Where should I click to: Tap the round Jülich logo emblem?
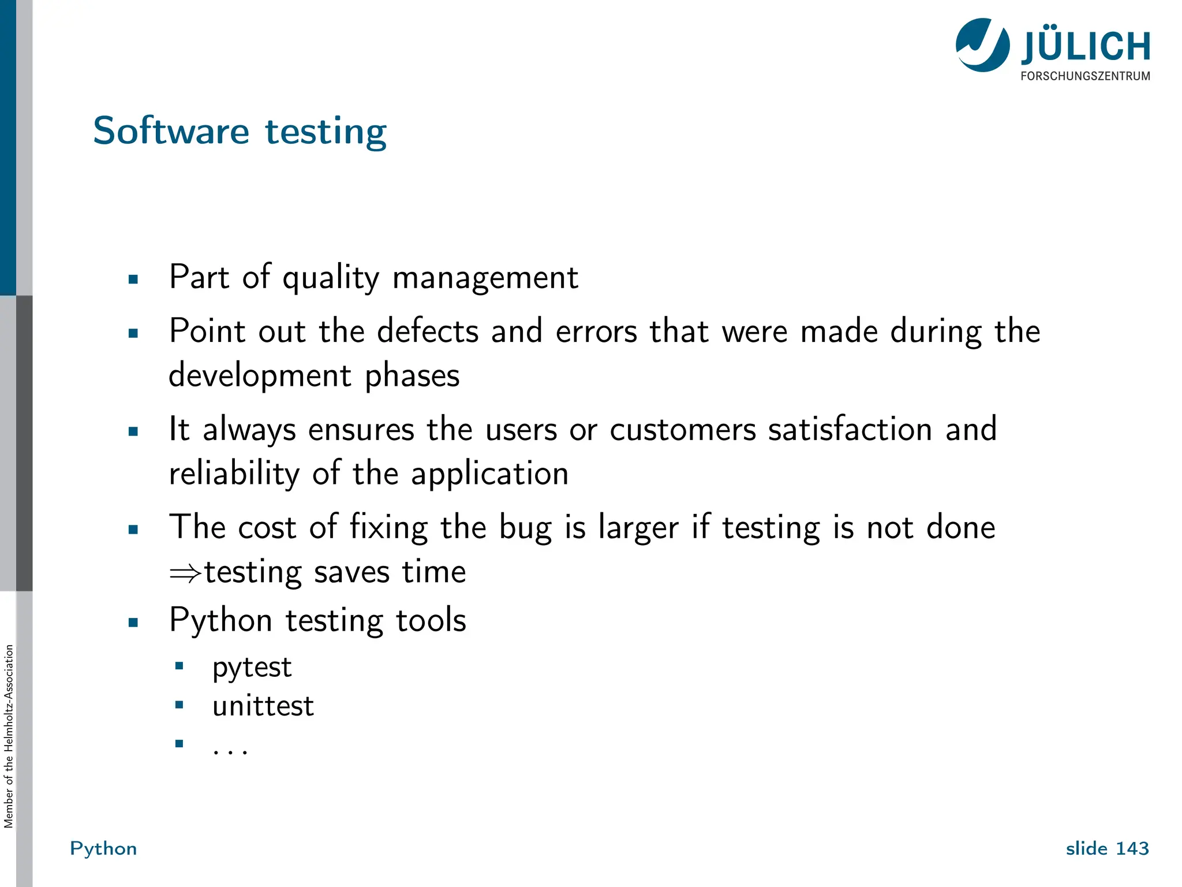click(x=982, y=45)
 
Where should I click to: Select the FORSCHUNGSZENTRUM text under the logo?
click(x=1085, y=76)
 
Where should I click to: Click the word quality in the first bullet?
click(x=331, y=278)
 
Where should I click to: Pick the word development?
click(x=260, y=376)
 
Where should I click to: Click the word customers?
click(x=683, y=430)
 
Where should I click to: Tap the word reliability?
click(x=234, y=474)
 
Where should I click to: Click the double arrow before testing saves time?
click(x=185, y=573)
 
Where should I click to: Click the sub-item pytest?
click(x=252, y=668)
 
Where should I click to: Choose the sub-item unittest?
click(x=263, y=706)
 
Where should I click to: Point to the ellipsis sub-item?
click(x=230, y=750)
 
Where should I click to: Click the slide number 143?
click(x=1132, y=848)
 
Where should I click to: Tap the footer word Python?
click(x=103, y=848)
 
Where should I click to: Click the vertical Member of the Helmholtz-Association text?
click(x=9, y=736)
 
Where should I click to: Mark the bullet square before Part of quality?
click(x=133, y=279)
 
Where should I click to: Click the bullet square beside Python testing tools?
click(x=133, y=622)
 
